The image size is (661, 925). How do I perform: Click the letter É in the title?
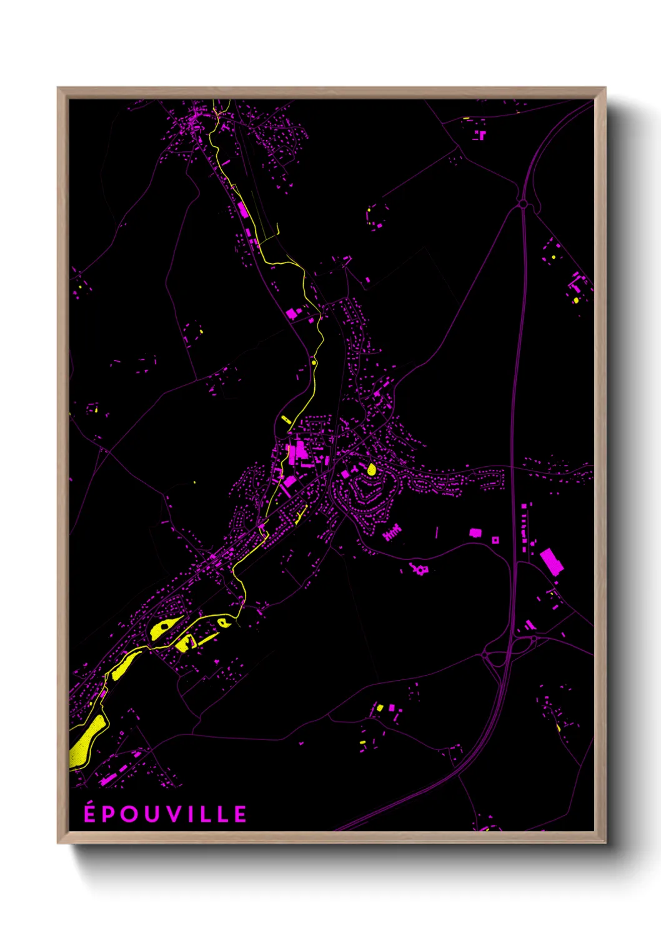(x=91, y=813)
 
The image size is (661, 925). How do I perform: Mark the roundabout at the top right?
(x=522, y=204)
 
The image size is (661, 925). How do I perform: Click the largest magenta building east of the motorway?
(x=551, y=561)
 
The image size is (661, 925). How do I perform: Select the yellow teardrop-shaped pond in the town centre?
(x=372, y=469)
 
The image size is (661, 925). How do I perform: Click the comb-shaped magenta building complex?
(x=392, y=532)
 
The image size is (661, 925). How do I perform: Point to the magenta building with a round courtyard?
(x=419, y=569)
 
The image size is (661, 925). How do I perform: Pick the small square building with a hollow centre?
(x=495, y=539)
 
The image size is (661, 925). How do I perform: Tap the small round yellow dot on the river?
(x=314, y=362)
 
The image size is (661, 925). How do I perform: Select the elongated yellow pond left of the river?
(x=286, y=419)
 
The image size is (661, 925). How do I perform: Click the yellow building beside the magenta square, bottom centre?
(x=379, y=708)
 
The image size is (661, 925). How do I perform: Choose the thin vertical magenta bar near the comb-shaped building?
(x=437, y=532)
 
